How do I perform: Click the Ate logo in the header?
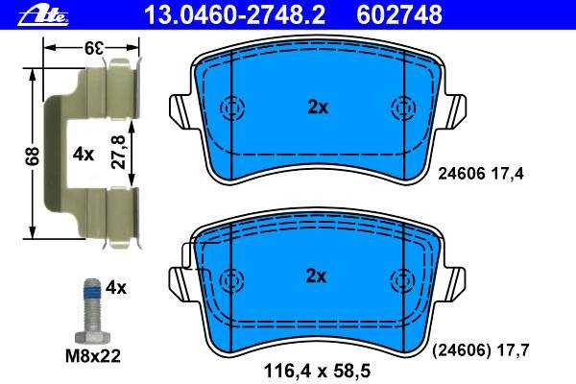43,15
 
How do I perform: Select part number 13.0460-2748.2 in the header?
235,15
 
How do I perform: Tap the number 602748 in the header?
399,15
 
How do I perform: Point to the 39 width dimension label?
94,48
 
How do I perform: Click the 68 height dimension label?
33,156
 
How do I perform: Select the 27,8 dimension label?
118,152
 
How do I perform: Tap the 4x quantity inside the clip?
84,155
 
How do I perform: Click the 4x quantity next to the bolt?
116,288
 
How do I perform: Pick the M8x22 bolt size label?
93,356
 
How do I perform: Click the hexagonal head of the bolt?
92,336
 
